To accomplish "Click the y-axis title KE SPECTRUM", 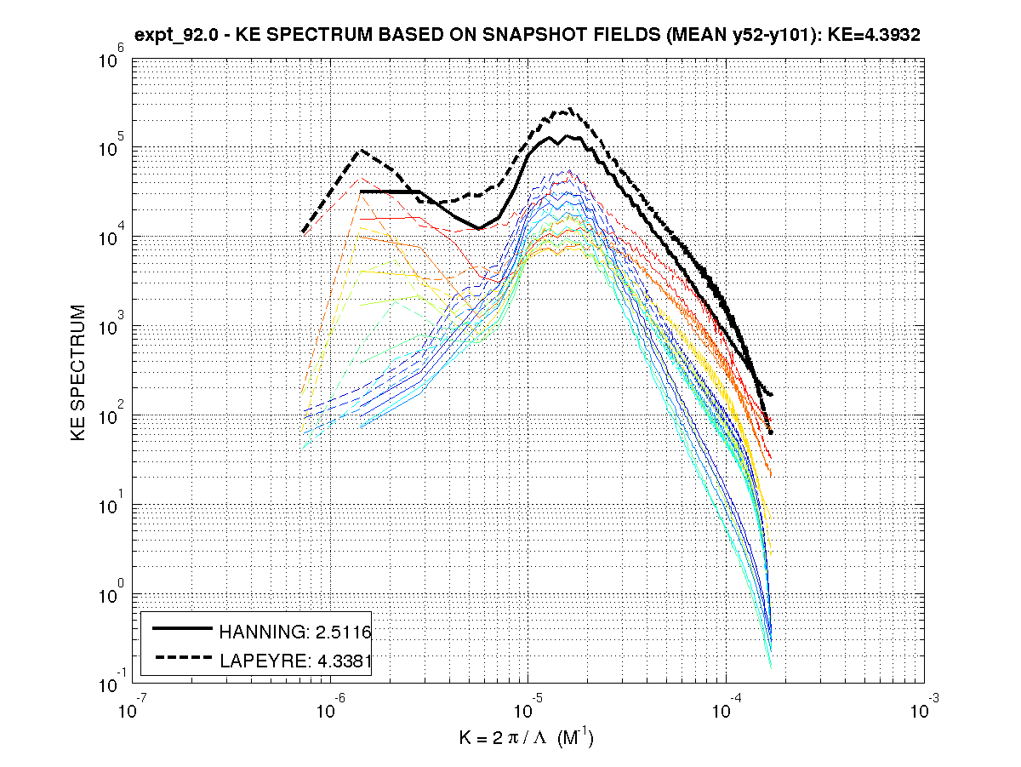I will [78, 372].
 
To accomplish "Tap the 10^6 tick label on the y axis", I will [113, 57].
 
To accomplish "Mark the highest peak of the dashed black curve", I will [569, 109].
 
